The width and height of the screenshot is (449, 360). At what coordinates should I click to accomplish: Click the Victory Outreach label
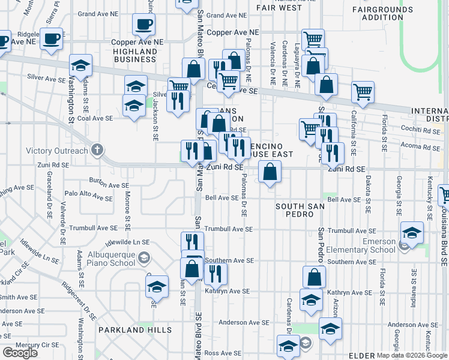pos(57,151)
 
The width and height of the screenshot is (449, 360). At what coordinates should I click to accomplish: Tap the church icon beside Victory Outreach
pos(95,151)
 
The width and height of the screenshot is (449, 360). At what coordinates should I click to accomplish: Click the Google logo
pos(20,353)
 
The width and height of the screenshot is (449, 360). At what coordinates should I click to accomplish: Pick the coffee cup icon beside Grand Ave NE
pos(143,25)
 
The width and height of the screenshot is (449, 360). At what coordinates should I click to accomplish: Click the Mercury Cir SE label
pos(36,345)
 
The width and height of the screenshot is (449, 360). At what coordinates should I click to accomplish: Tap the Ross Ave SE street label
pos(223,353)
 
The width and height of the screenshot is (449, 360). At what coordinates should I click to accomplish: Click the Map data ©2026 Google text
pos(412,355)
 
